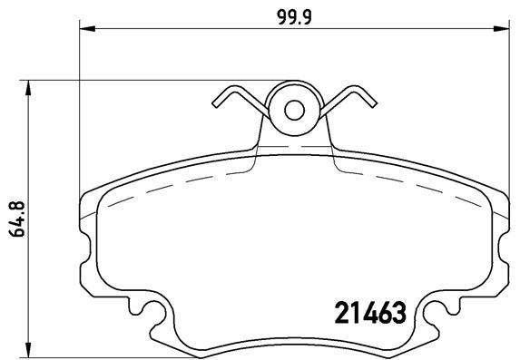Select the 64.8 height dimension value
click(x=15, y=218)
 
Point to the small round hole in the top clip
click(x=294, y=110)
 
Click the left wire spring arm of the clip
click(x=240, y=102)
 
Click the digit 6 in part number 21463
click(x=382, y=313)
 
